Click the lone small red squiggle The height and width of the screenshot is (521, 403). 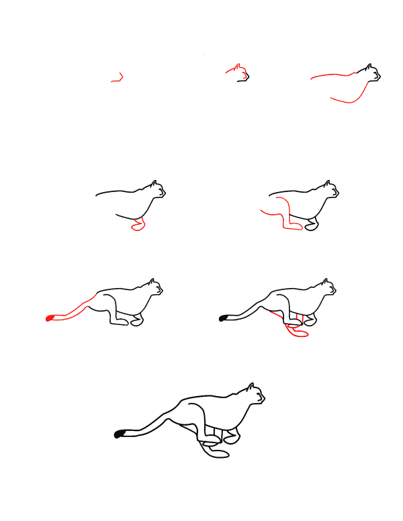[x=118, y=79]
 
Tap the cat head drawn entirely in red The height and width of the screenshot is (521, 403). [x=238, y=72]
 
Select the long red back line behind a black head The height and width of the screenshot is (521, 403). [x=332, y=75]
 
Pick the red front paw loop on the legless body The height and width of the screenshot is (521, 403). [x=139, y=226]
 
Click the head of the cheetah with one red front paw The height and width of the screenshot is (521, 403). [x=156, y=189]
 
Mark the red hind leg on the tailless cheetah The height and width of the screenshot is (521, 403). [x=282, y=215]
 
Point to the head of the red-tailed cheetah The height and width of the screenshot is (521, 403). [x=154, y=288]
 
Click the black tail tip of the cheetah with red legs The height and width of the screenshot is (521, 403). [x=223, y=318]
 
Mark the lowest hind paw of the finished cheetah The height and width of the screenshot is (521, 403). [x=218, y=455]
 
